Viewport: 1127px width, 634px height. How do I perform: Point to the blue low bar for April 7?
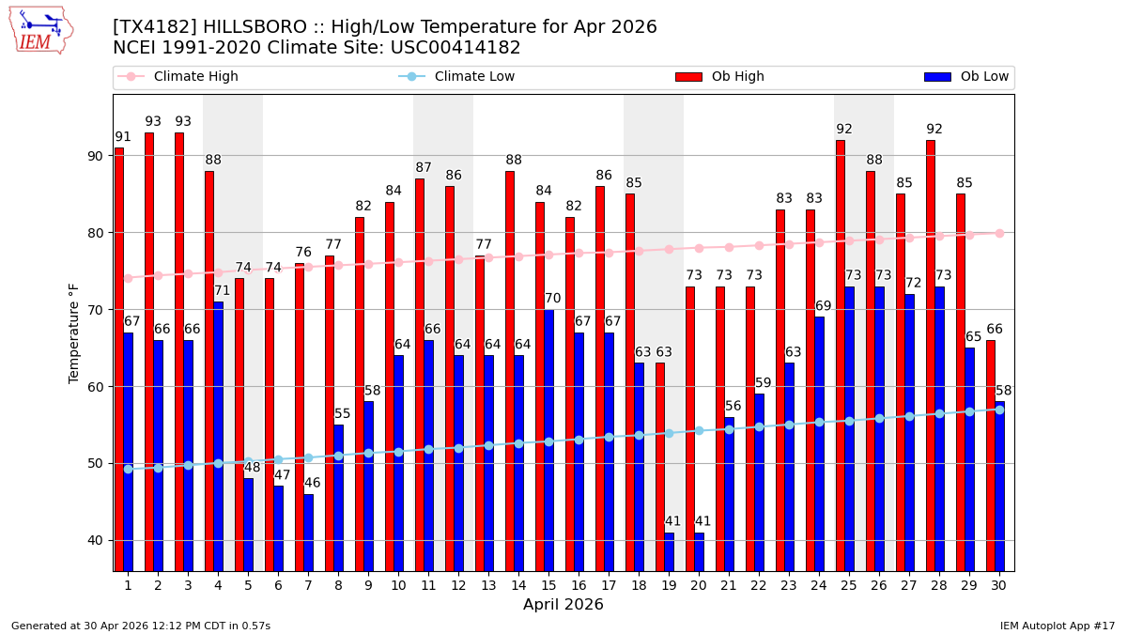pos(309,532)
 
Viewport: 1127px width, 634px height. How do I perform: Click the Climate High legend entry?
pos(195,77)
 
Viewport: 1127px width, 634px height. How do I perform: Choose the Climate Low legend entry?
pos(474,77)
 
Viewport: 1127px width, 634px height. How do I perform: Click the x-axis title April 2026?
pos(563,605)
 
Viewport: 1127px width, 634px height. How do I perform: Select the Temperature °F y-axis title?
pos(75,332)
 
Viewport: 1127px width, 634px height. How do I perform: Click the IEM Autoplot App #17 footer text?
pos(1057,626)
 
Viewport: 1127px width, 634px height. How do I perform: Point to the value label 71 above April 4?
pos(223,291)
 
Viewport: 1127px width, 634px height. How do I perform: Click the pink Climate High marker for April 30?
pos(999,233)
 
